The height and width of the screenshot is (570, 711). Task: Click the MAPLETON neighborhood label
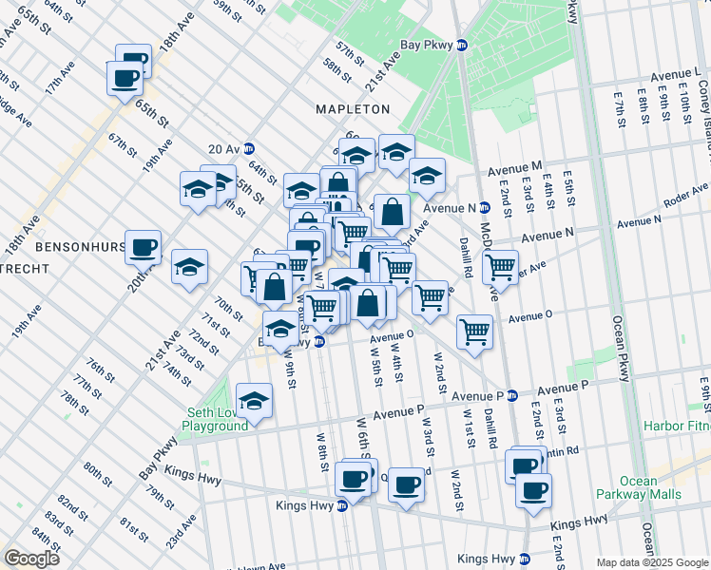[x=354, y=109]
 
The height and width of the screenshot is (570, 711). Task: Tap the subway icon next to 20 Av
[x=249, y=148]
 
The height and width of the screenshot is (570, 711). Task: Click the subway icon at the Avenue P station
[x=512, y=395]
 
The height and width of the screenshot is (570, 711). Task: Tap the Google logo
[x=31, y=558]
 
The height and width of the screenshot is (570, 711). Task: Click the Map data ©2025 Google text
[x=652, y=562]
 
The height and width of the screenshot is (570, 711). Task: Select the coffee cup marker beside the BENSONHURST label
[x=143, y=247]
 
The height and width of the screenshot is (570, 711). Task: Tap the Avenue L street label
[x=676, y=74]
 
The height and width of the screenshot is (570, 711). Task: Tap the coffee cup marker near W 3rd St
[x=407, y=484]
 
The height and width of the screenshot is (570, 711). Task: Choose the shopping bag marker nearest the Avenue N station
[x=392, y=212]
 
